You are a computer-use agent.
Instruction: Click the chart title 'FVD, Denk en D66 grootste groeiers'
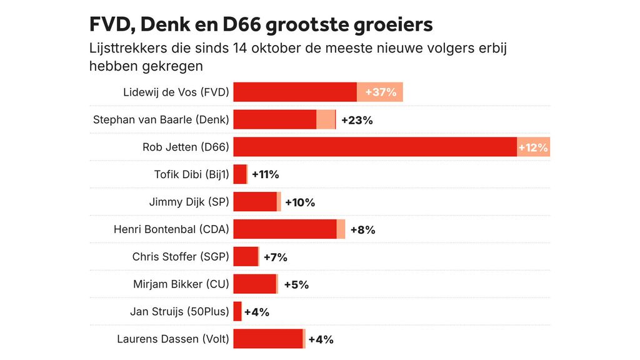click(261, 24)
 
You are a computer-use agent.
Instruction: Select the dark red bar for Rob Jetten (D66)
click(375, 147)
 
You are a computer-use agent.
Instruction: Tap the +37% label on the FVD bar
click(381, 92)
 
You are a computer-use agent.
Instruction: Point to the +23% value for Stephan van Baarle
click(356, 120)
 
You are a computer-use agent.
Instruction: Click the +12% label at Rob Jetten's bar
click(533, 147)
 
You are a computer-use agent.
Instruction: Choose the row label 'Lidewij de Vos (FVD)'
click(176, 92)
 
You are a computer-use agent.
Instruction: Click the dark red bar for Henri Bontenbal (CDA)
click(285, 229)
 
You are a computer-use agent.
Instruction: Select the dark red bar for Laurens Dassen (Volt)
click(268, 339)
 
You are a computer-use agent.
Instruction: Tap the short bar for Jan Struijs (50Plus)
click(237, 311)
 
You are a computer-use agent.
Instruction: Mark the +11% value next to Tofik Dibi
click(265, 175)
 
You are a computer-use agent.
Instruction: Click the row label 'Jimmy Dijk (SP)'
click(189, 202)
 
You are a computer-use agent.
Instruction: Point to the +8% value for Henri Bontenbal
click(362, 229)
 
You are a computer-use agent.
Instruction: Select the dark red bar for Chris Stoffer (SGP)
click(246, 256)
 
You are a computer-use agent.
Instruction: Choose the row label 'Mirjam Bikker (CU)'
click(181, 284)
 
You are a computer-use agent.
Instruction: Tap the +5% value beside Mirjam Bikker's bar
click(296, 284)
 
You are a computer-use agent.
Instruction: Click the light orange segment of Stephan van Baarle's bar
click(326, 119)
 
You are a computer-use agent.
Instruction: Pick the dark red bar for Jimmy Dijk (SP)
click(255, 202)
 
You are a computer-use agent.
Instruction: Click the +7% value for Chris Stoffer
click(275, 257)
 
